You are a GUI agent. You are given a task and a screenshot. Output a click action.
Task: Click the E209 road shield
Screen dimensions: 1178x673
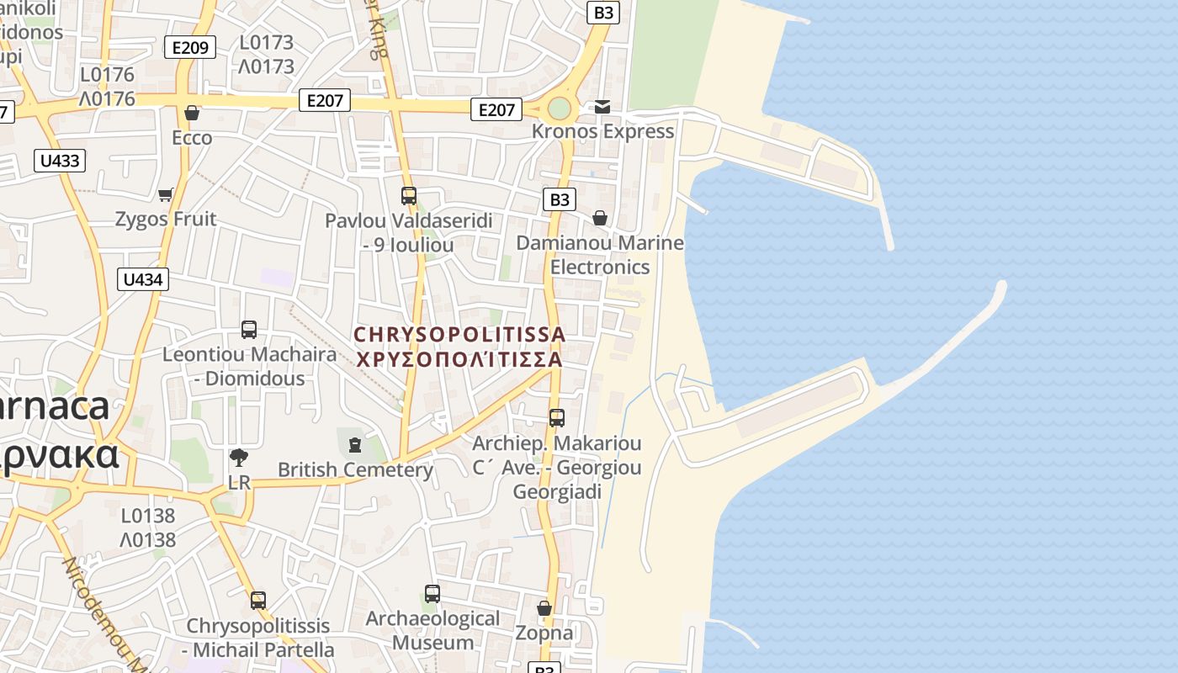189,47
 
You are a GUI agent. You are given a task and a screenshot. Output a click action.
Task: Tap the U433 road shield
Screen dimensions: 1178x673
60,160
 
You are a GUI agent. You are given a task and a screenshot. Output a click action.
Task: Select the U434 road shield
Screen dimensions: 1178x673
142,279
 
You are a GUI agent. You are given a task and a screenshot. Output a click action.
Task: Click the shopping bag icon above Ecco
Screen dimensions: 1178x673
192,113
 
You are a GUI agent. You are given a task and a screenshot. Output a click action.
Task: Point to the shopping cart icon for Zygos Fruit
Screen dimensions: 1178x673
166,194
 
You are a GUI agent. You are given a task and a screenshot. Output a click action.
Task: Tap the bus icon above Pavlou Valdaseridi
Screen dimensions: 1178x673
409,196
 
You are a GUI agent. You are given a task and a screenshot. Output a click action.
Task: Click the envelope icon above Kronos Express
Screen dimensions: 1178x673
602,107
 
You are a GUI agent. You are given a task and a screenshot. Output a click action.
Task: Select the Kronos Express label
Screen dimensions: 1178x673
602,131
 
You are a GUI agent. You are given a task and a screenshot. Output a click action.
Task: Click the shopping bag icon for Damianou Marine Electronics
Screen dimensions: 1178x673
600,219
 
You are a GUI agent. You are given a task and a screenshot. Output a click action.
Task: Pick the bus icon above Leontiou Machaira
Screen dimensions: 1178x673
249,330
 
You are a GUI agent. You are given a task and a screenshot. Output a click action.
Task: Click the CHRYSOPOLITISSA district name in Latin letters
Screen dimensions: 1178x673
459,334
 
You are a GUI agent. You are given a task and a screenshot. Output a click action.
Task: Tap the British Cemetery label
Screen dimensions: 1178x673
355,469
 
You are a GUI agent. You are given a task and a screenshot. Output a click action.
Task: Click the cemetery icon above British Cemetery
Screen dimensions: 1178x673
355,444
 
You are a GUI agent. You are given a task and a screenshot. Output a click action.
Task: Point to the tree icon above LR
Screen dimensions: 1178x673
239,458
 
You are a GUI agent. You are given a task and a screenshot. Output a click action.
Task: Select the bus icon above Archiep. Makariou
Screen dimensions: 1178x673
556,418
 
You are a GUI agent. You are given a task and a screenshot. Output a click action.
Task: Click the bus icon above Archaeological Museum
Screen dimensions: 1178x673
432,594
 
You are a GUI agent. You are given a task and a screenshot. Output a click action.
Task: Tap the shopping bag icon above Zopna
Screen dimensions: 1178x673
544,608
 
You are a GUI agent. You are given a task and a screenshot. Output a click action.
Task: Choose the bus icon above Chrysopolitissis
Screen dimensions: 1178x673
258,601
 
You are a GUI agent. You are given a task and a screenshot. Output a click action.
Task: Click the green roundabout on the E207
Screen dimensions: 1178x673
560,109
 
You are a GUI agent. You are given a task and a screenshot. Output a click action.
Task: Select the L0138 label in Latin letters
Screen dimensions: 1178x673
148,516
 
